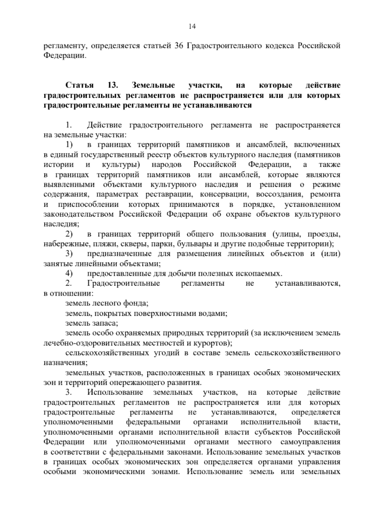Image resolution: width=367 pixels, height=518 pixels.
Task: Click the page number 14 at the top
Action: click(x=192, y=27)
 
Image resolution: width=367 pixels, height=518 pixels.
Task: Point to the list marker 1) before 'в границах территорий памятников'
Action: click(x=69, y=145)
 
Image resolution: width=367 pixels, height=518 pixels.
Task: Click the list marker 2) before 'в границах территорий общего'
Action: click(x=69, y=235)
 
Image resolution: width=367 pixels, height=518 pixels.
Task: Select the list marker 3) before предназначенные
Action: click(x=69, y=254)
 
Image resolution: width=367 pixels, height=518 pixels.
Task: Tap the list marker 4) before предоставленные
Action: click(x=69, y=274)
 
